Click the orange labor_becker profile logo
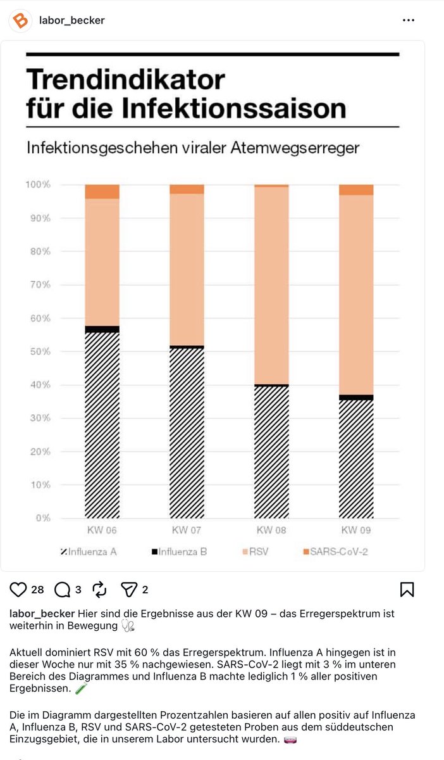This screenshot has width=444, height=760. click(x=20, y=20)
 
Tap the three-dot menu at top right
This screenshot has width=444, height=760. click(x=409, y=20)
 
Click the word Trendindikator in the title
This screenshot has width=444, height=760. click(x=125, y=80)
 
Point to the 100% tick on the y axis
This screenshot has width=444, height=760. click(x=56, y=185)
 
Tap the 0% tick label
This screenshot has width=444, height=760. click(x=61, y=518)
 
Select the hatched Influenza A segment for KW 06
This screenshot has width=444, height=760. click(x=102, y=424)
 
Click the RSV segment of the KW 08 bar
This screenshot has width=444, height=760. click(x=271, y=285)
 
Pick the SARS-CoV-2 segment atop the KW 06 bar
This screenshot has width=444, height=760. click(x=102, y=192)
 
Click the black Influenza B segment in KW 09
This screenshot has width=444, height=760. click(x=356, y=397)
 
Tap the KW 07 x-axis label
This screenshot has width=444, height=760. click(x=187, y=530)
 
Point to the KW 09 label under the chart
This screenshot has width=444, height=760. click(x=356, y=530)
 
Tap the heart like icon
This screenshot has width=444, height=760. click(x=18, y=590)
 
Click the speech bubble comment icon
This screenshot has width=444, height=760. click(x=63, y=590)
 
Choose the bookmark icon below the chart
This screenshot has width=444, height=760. click(x=407, y=590)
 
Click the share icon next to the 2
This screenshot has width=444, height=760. click(x=129, y=590)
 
